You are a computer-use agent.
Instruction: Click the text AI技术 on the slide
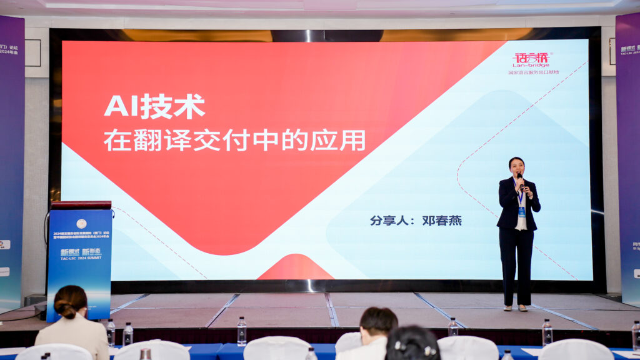[x=154, y=107]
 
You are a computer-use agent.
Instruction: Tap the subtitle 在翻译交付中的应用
[x=234, y=139]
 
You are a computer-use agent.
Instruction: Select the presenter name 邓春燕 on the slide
[x=441, y=221]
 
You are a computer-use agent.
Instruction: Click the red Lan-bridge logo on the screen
[x=531, y=59]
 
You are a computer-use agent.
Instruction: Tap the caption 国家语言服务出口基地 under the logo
[x=533, y=72]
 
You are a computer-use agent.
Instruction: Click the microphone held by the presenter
[x=520, y=179]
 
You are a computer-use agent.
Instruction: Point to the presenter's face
[x=516, y=166]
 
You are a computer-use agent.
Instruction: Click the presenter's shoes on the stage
[x=514, y=307]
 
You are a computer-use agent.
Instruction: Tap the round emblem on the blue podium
[x=81, y=223]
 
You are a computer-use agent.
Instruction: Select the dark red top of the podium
[x=81, y=205]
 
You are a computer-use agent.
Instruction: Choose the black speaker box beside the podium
[x=34, y=300]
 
